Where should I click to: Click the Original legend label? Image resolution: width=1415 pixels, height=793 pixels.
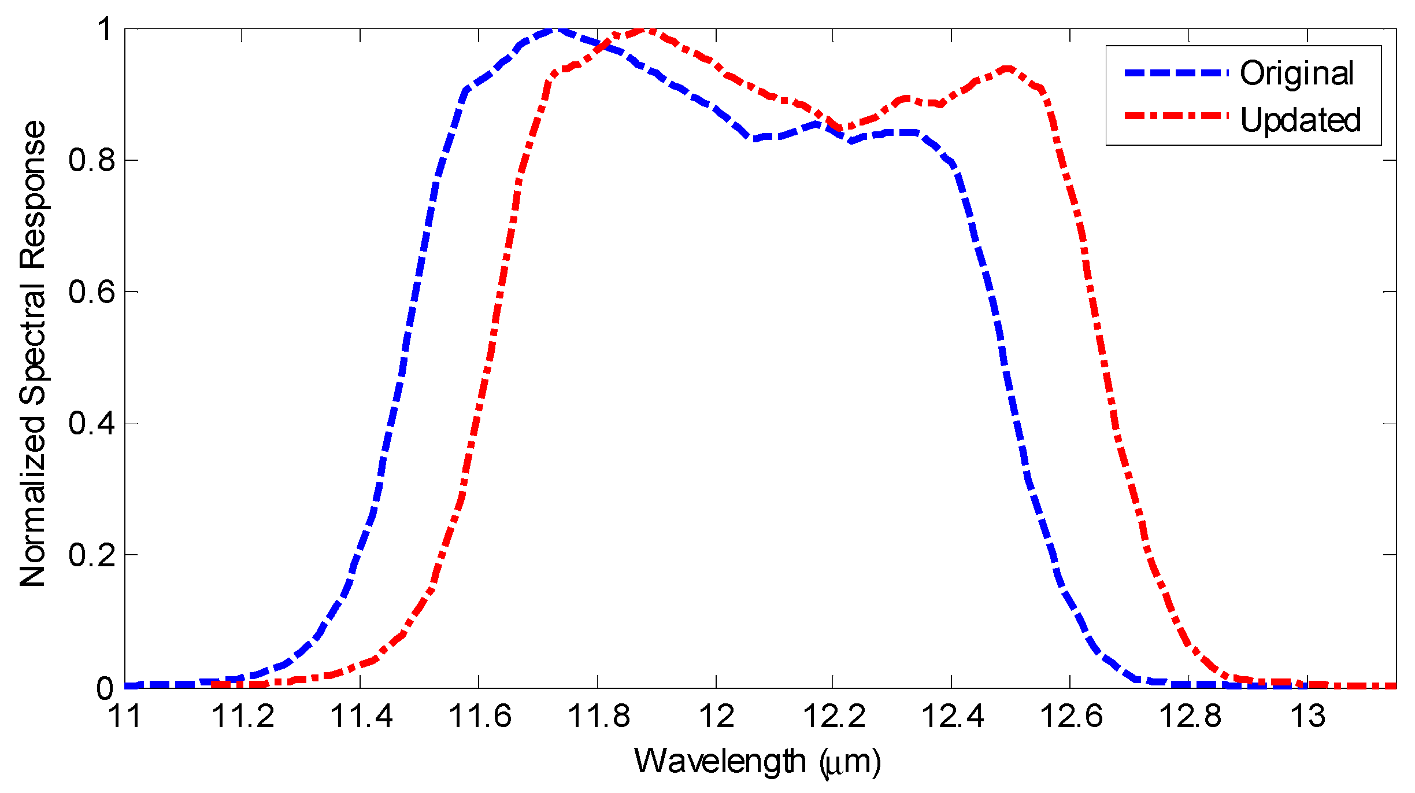[x=1297, y=74]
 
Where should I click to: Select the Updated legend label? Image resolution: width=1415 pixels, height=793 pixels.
[x=1301, y=120]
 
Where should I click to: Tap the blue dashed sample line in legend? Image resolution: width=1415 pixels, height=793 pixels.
[x=1176, y=73]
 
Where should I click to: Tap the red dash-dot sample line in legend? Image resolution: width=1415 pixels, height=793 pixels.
[x=1176, y=116]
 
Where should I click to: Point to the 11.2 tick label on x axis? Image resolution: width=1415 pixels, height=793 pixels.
[x=243, y=716]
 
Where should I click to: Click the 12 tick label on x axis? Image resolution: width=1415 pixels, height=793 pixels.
[x=716, y=716]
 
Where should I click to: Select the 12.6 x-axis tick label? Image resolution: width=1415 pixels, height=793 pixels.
[x=1070, y=716]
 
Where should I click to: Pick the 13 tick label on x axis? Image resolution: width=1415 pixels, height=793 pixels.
[x=1307, y=716]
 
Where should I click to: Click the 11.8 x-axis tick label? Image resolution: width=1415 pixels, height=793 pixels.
[x=598, y=716]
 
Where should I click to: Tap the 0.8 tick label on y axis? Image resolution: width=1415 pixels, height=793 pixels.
[x=92, y=160]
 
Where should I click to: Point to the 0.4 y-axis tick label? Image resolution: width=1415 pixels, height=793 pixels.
[x=92, y=423]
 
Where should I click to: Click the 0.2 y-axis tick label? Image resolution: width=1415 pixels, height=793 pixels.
[x=92, y=555]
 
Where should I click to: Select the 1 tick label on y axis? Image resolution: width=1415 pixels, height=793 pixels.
[x=105, y=29]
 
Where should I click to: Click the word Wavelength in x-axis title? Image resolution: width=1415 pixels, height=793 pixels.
[x=720, y=761]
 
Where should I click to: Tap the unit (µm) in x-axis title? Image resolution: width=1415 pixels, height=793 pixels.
[x=850, y=762]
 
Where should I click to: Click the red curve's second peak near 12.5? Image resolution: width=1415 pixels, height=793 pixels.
[x=1007, y=69]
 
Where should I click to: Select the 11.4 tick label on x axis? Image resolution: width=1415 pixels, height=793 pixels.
[x=361, y=716]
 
